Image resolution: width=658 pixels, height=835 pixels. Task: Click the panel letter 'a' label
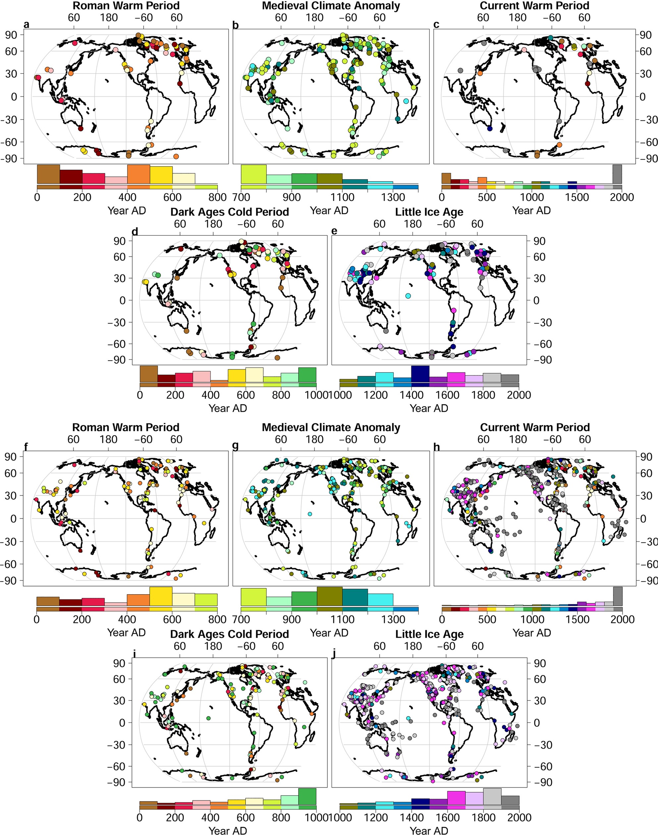(26, 25)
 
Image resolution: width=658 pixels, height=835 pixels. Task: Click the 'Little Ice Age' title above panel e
(429, 212)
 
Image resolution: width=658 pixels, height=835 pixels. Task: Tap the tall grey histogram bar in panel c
(617, 174)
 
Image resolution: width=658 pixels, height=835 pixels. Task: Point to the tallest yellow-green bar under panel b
(253, 174)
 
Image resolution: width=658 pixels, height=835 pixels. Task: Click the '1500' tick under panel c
(577, 197)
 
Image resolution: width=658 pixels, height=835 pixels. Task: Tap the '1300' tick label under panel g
(393, 619)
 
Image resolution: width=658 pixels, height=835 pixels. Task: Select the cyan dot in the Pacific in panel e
(408, 296)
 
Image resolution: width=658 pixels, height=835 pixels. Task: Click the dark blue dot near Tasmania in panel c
(490, 129)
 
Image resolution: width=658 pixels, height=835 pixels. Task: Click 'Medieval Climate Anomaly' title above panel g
(331, 428)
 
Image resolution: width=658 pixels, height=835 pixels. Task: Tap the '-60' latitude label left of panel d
(119, 343)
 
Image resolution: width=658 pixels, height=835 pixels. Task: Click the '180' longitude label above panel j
(412, 646)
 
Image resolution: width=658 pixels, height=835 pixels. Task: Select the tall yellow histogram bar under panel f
(161, 596)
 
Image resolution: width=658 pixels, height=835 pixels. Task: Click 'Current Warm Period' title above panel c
(534, 6)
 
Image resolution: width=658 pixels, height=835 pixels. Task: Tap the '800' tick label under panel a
(217, 197)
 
